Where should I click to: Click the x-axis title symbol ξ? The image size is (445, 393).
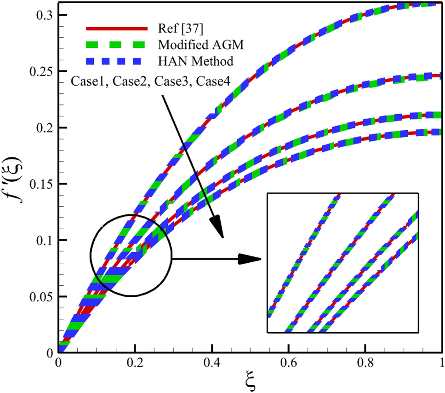[x=250, y=381]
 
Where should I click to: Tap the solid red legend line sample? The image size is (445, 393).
[x=116, y=29]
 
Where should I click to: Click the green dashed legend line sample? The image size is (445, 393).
[x=116, y=45]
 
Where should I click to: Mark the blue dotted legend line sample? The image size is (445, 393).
[x=116, y=60]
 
